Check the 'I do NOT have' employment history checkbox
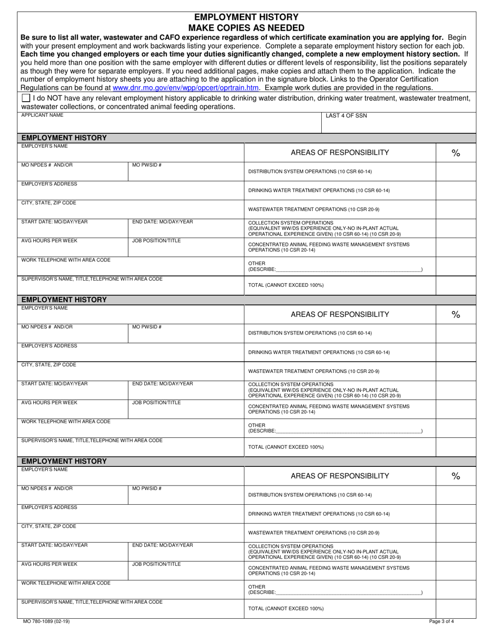coord(26,98)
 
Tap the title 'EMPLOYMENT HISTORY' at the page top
coord(246,17)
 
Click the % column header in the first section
coord(456,152)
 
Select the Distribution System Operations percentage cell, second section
coord(456,333)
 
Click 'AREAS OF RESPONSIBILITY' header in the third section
coord(339,476)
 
